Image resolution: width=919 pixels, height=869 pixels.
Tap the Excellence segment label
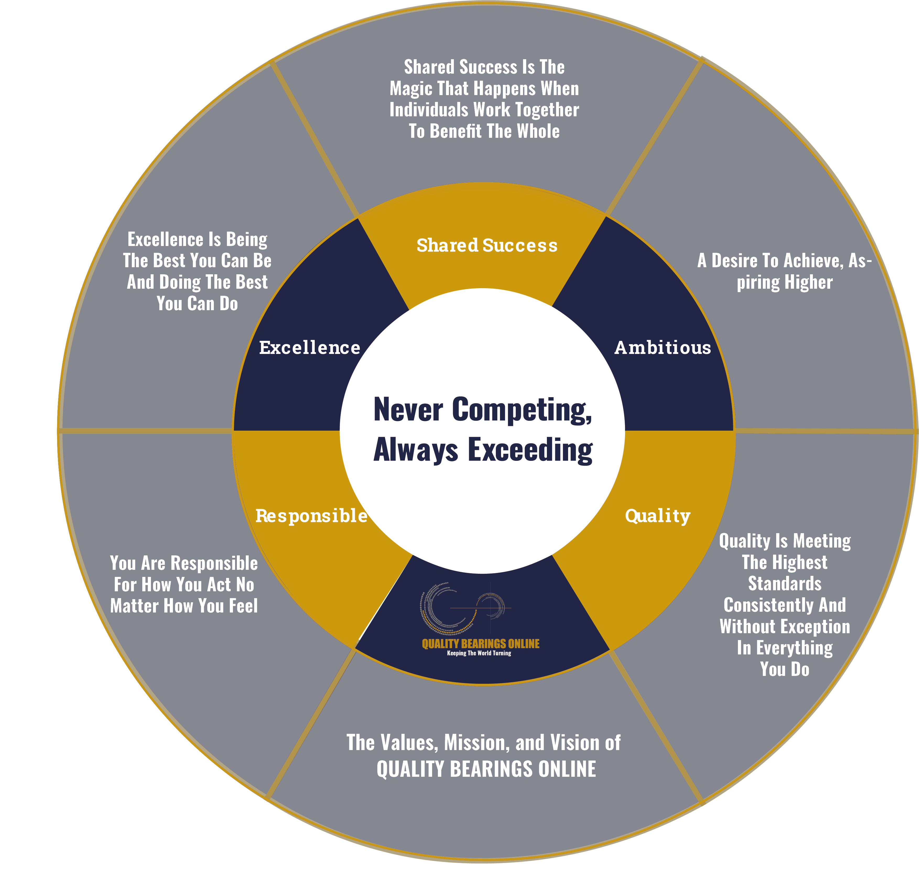(x=309, y=347)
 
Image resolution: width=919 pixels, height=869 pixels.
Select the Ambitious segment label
(x=663, y=347)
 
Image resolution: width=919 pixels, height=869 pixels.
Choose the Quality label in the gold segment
(x=658, y=516)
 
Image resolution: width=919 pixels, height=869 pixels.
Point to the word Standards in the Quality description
(x=785, y=584)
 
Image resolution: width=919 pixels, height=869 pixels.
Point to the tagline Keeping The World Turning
(x=479, y=653)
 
